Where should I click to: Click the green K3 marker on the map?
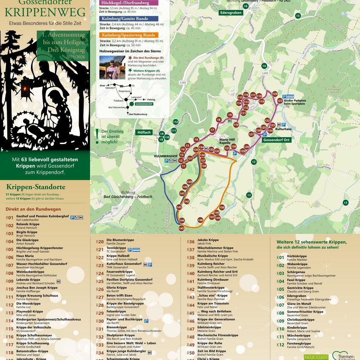pos(346,203)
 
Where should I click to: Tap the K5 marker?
pos(298,16)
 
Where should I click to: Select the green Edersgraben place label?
pos(231,13)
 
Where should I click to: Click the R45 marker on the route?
pos(181,228)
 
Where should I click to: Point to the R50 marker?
pos(222,207)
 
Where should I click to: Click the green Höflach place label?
pos(144,132)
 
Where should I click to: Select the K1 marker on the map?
pos(249,195)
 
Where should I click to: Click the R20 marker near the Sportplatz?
pos(275,94)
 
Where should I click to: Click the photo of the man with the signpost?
pos(112,68)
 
